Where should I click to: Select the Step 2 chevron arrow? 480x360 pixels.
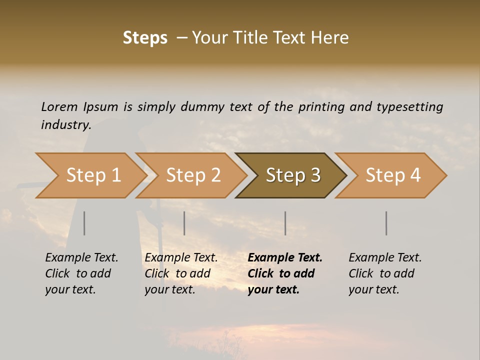coord(192,175)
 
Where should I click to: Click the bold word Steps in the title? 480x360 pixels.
coord(145,37)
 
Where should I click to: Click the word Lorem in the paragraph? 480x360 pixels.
coord(59,106)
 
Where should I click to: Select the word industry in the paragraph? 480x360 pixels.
coord(65,124)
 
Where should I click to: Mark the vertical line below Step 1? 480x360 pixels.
coord(84,223)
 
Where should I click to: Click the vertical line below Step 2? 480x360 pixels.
coord(184,223)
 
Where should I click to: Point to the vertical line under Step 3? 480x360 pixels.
coord(285,223)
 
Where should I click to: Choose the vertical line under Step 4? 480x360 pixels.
coord(386,223)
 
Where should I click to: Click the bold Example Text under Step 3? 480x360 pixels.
coord(285,258)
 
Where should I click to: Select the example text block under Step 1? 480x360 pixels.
coord(81,273)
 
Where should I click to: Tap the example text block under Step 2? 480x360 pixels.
coord(181,273)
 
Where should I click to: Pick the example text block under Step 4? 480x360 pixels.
coord(385,273)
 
